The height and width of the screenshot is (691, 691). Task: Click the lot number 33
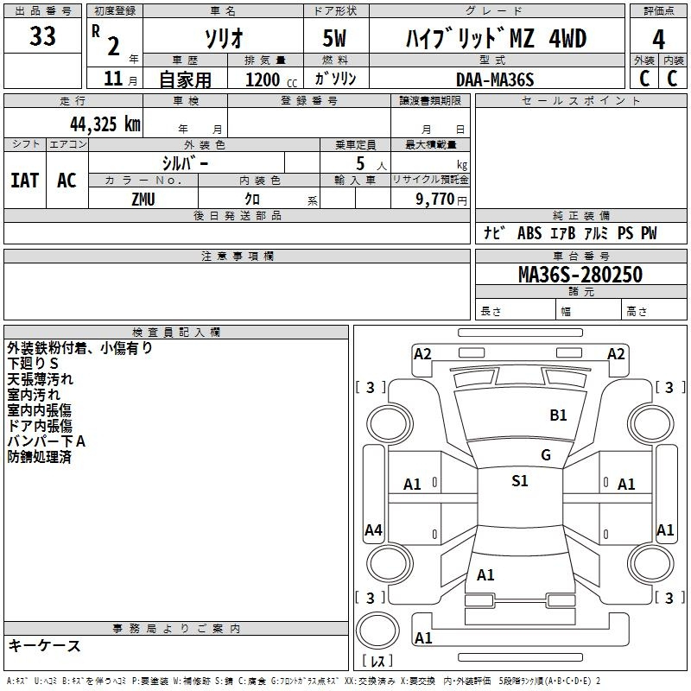click(42, 36)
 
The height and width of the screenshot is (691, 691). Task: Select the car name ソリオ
click(224, 38)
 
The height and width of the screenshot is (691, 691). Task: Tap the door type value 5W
click(334, 38)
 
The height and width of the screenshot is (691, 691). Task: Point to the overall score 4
click(658, 40)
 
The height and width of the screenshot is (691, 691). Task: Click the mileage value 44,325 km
click(105, 124)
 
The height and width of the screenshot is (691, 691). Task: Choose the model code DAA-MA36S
click(495, 79)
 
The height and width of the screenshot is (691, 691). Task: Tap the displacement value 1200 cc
click(271, 79)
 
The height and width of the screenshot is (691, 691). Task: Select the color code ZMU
click(143, 200)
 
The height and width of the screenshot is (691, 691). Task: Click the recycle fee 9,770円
click(441, 200)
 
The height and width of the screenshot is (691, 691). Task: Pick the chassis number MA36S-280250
click(580, 275)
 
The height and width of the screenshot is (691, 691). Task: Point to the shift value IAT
click(25, 181)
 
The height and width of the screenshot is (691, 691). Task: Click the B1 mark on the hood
click(558, 415)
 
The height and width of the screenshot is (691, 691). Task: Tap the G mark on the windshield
click(546, 455)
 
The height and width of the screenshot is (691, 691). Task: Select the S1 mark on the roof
click(520, 481)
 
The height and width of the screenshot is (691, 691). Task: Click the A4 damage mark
click(373, 529)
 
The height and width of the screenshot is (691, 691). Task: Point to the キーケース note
click(45, 646)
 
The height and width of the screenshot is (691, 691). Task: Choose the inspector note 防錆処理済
click(39, 457)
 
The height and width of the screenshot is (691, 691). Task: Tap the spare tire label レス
click(377, 661)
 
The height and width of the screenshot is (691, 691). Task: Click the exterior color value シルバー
click(185, 163)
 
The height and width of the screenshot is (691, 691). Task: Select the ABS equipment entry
click(529, 233)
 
